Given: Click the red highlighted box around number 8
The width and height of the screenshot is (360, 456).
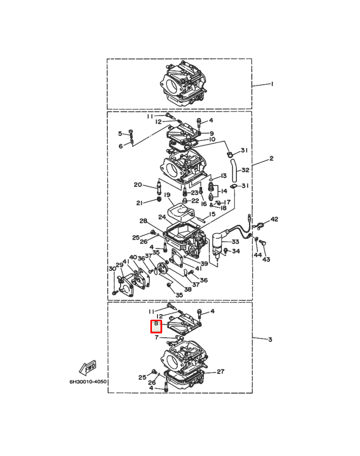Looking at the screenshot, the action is click(x=156, y=326).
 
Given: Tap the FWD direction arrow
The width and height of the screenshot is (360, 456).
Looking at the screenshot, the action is click(x=88, y=368).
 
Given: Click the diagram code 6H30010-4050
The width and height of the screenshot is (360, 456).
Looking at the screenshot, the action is click(x=88, y=381).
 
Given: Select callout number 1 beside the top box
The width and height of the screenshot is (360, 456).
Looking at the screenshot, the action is click(x=272, y=84).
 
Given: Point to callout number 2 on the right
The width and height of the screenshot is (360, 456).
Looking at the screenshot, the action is click(x=271, y=159).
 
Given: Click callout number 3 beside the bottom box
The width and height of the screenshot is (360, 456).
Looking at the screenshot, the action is click(x=270, y=339).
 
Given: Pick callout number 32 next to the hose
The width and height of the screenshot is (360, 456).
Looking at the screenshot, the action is click(x=246, y=170).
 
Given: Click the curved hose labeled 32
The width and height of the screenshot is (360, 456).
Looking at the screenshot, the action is click(x=234, y=170).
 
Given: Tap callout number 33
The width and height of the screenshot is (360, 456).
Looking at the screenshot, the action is click(x=235, y=241).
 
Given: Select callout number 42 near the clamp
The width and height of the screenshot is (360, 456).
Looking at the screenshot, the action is click(x=274, y=219).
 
